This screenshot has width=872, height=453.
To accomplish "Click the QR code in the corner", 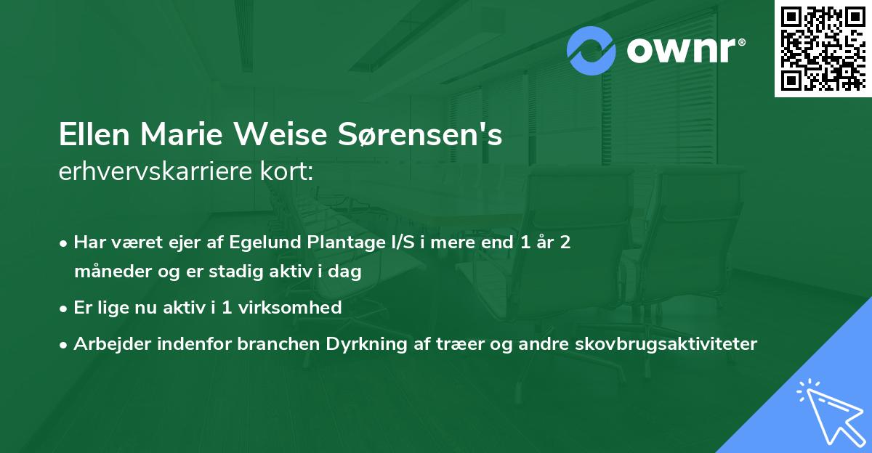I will click(x=823, y=49).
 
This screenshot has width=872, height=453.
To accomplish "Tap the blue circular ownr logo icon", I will click(x=591, y=51).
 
